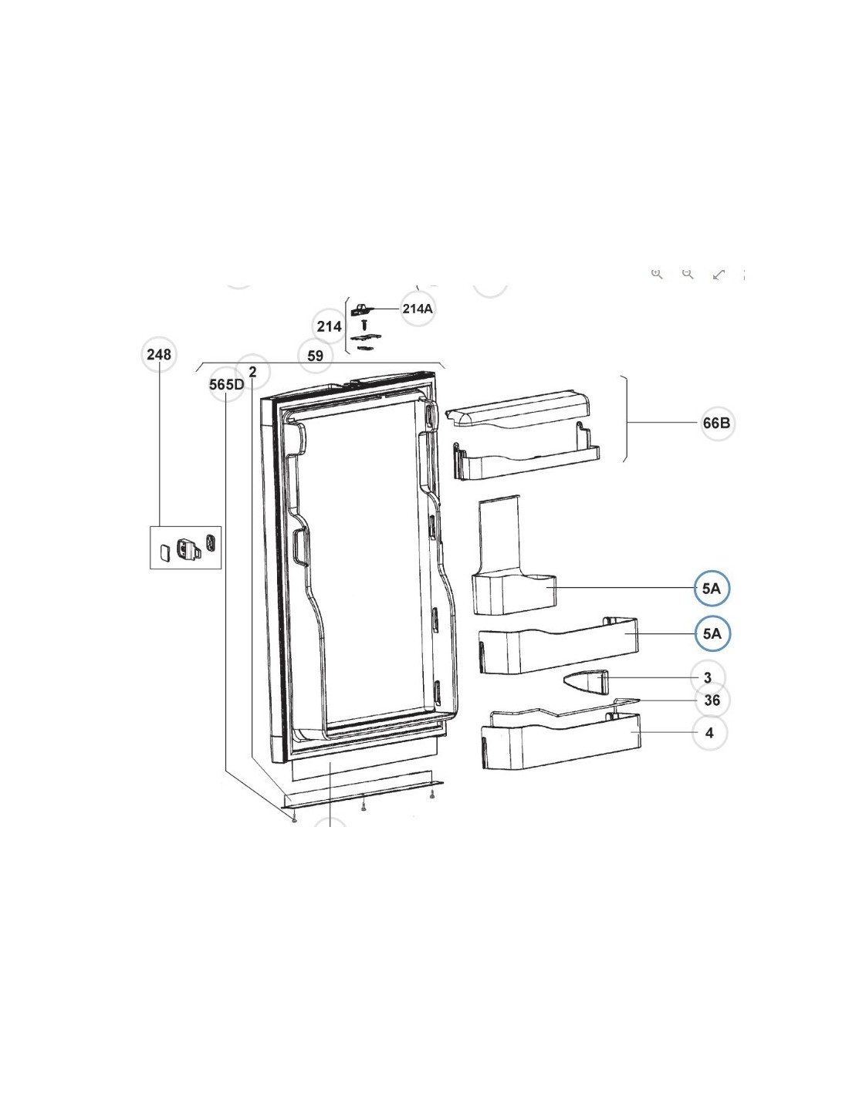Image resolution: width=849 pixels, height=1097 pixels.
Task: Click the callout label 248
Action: tap(158, 354)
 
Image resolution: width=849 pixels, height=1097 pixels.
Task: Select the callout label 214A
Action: tap(418, 309)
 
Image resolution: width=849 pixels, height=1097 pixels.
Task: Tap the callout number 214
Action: tap(330, 326)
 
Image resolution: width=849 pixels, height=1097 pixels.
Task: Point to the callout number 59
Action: tap(315, 356)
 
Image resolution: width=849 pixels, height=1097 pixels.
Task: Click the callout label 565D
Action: tap(226, 385)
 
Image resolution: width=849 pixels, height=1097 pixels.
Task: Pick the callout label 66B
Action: tap(717, 423)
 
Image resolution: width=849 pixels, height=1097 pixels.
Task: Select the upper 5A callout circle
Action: tap(712, 588)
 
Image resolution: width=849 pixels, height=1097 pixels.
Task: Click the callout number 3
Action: tap(708, 677)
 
